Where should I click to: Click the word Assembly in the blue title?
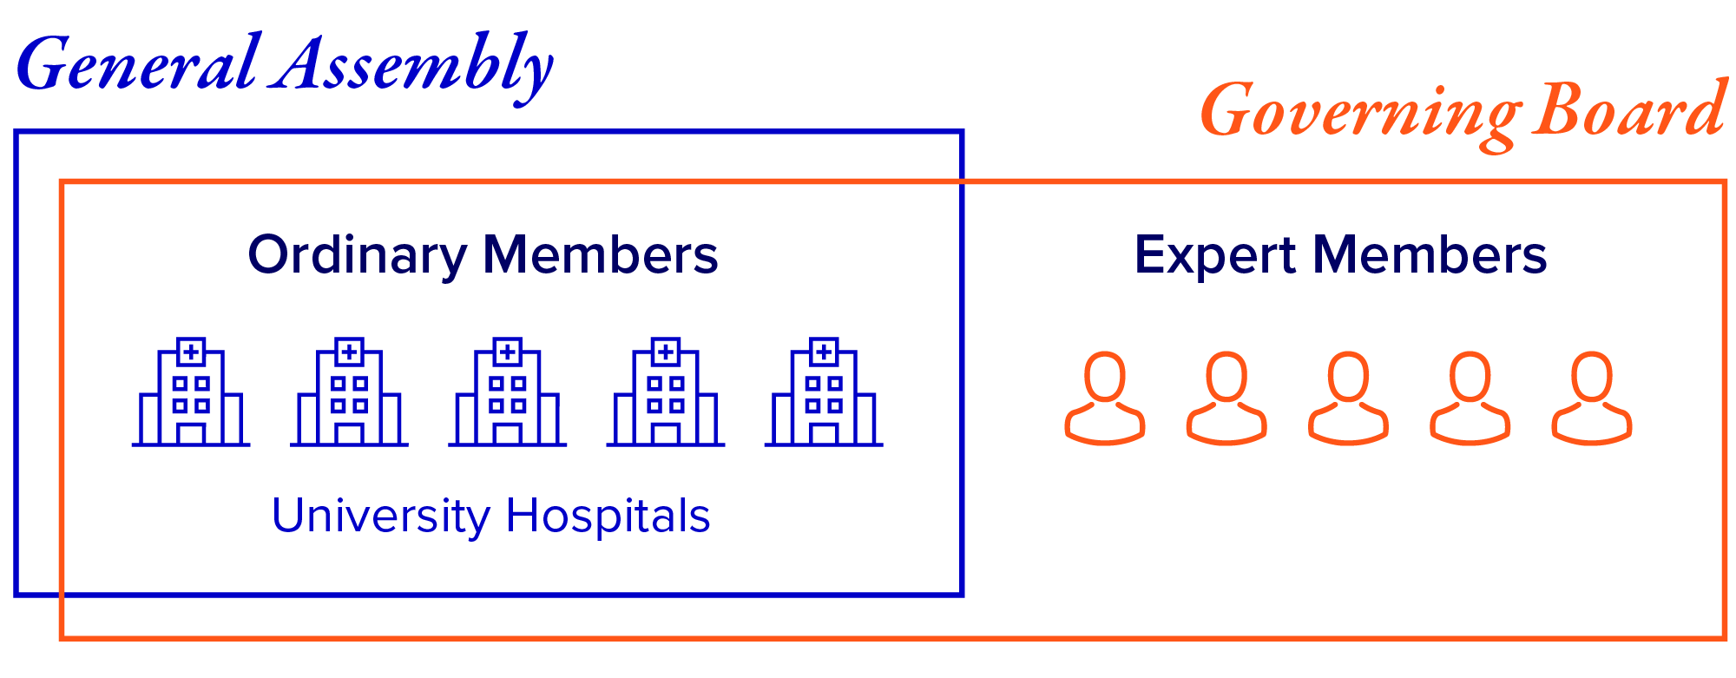[x=411, y=65]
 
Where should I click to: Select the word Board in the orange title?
[x=1628, y=111]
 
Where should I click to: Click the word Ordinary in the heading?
[x=357, y=255]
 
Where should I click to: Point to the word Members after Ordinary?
[x=600, y=255]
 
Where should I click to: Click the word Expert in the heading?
[x=1215, y=255]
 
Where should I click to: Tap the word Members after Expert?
[x=1429, y=255]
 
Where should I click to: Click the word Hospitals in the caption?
[x=608, y=516]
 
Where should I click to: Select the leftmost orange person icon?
[x=1105, y=398]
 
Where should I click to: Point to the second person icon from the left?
[x=1226, y=398]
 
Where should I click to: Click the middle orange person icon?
[x=1348, y=398]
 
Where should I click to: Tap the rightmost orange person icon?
[x=1592, y=398]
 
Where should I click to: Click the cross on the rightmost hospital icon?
[x=824, y=352]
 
